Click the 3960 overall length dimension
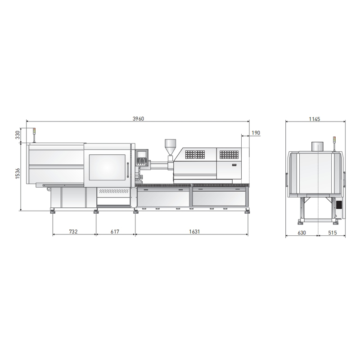[138, 119]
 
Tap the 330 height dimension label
[18, 135]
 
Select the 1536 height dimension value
[18, 173]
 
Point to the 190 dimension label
[256, 133]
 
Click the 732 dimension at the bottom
[73, 231]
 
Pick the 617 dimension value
[115, 231]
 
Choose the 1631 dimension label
[194, 231]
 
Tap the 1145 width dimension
[314, 119]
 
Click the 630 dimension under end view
[301, 233]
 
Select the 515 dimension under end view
[332, 233]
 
